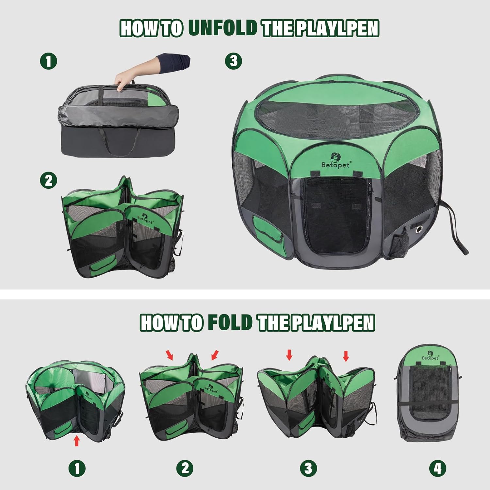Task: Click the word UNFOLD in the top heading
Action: pyautogui.click(x=222, y=28)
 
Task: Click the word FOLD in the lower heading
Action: pyautogui.click(x=230, y=322)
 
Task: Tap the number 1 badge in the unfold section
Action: pyautogui.click(x=48, y=61)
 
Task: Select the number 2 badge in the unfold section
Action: pyautogui.click(x=48, y=180)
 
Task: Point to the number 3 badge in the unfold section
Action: pyautogui.click(x=234, y=61)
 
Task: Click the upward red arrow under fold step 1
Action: pyautogui.click(x=77, y=441)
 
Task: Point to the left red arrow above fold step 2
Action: pyautogui.click(x=170, y=355)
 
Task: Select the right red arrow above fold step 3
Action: pyautogui.click(x=346, y=355)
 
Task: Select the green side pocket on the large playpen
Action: pyautogui.click(x=267, y=233)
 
